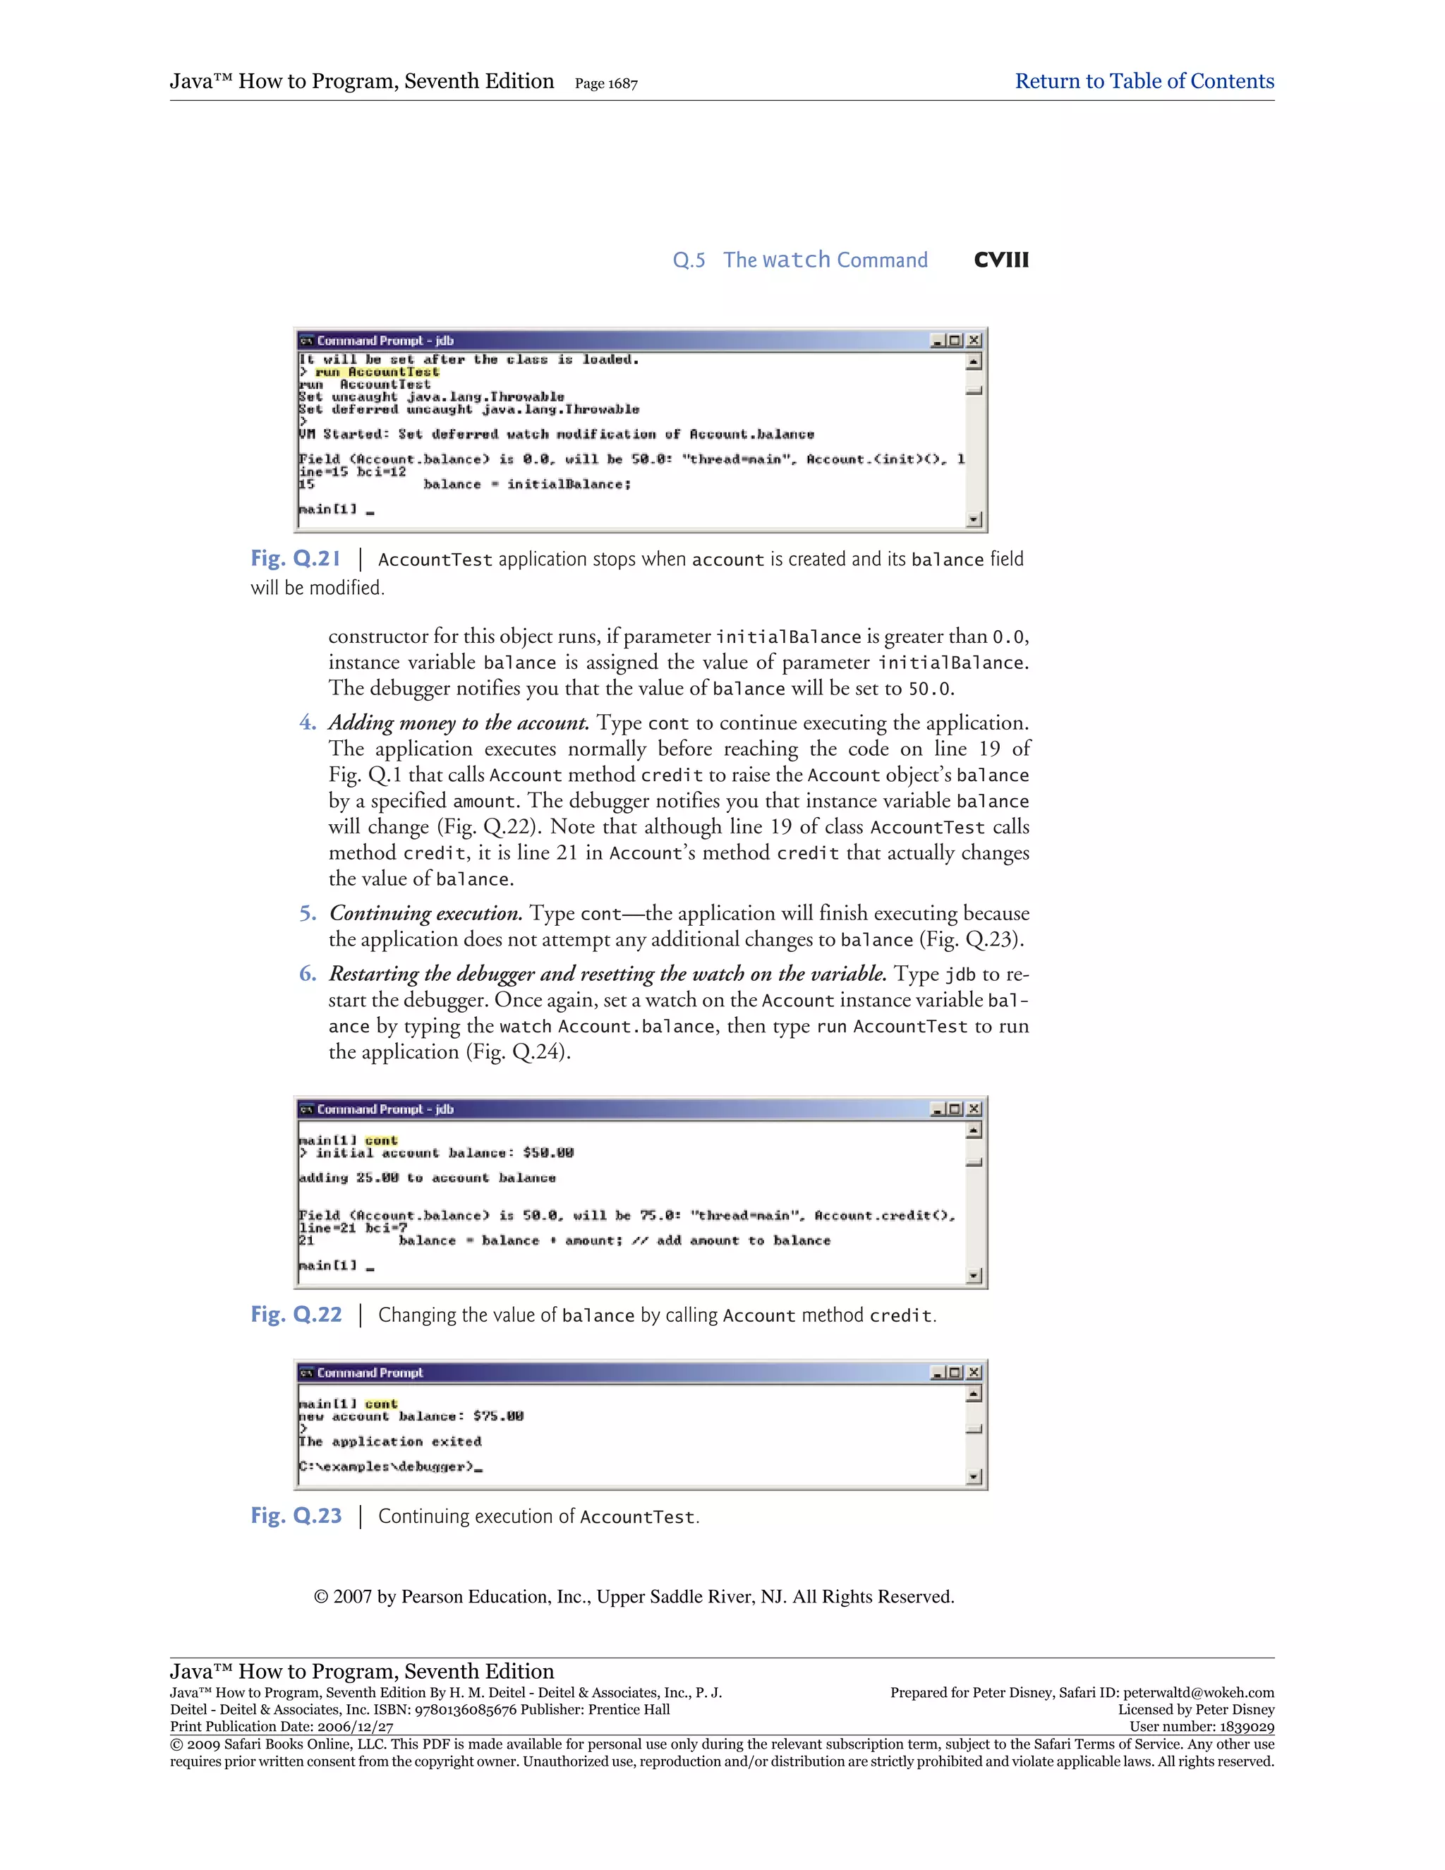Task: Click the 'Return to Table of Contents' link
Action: coord(1144,81)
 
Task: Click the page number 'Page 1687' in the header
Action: coord(606,84)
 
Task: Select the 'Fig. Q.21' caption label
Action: coord(296,559)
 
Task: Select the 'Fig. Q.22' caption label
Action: coord(296,1315)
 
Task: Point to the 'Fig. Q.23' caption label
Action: coord(296,1516)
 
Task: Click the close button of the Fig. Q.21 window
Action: coord(973,341)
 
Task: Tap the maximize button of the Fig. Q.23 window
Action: coord(955,1373)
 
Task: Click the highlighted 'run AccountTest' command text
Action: coord(377,373)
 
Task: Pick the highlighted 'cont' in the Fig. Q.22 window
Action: coord(381,1140)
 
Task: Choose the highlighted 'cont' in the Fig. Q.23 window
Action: coord(381,1404)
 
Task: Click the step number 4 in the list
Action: coord(308,723)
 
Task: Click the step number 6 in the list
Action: coord(308,974)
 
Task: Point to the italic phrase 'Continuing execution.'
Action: coord(425,914)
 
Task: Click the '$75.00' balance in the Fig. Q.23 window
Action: coord(498,1417)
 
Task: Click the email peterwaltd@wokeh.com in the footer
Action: coord(1199,1693)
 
